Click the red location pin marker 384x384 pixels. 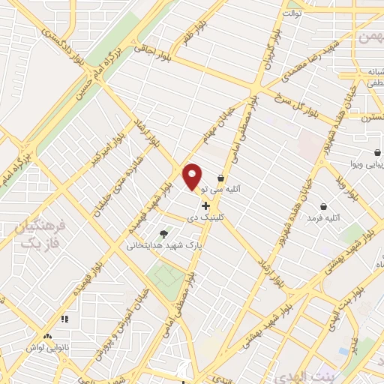pyautogui.click(x=193, y=176)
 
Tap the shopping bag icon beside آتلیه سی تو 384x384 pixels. pyautogui.click(x=220, y=178)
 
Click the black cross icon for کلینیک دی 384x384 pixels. pyautogui.click(x=206, y=205)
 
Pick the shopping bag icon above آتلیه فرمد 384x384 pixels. pyautogui.click(x=323, y=206)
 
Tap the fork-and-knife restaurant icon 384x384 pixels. pyautogui.click(x=64, y=319)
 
